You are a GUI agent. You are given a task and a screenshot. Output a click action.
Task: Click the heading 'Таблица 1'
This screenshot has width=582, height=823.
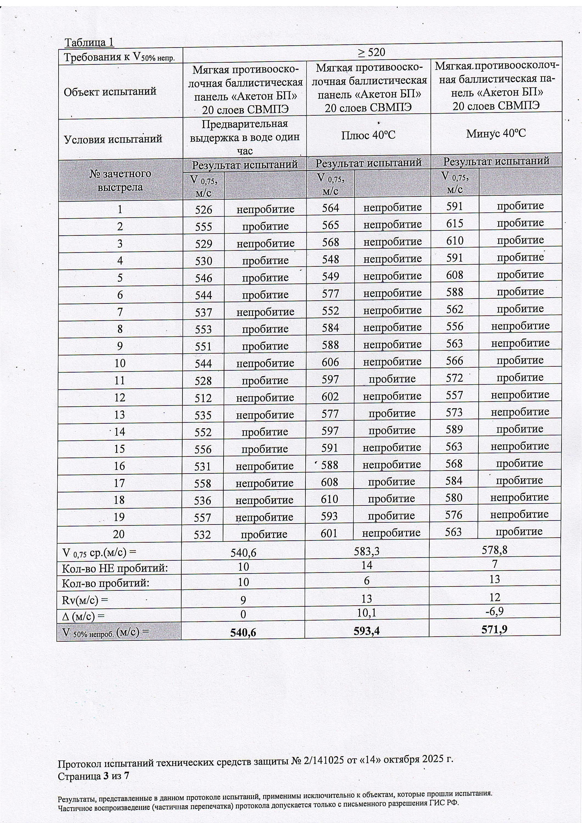(89, 43)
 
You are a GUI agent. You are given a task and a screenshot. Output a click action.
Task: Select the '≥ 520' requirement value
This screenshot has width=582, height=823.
(371, 53)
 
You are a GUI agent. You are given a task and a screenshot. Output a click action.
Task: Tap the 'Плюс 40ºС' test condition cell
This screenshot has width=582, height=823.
(368, 135)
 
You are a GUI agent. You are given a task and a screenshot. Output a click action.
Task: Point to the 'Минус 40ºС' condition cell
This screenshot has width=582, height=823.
(496, 134)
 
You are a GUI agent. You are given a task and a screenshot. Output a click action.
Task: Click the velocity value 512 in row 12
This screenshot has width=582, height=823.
(203, 398)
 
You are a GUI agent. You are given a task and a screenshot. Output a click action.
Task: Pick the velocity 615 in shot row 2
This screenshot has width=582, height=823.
(455, 223)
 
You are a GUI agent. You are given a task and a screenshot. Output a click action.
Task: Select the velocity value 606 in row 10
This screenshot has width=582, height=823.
(330, 362)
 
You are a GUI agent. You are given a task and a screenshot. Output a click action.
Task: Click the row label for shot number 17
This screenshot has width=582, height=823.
(119, 483)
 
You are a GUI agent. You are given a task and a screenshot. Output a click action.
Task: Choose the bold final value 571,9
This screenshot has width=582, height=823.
(494, 629)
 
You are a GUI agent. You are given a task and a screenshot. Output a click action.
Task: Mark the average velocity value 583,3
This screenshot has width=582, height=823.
(366, 551)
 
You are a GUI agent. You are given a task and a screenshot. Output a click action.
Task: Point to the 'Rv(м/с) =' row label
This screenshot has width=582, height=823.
(85, 600)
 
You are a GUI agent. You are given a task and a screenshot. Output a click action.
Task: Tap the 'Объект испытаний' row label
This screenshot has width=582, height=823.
(110, 92)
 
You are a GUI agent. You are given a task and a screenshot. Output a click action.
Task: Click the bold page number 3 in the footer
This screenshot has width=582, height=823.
(106, 776)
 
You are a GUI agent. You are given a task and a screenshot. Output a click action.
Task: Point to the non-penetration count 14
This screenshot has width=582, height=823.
(366, 565)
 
